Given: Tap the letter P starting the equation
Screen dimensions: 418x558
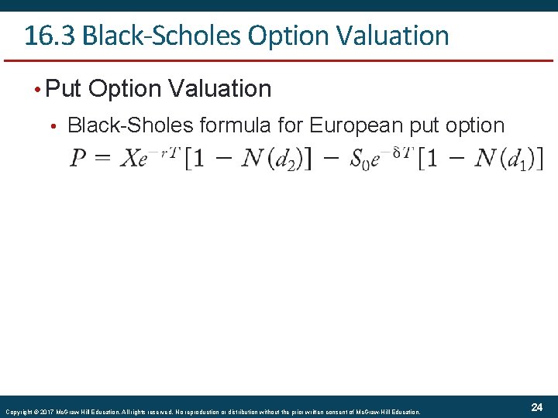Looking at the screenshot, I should click(78, 159).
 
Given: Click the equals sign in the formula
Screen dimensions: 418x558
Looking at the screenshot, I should click(104, 160).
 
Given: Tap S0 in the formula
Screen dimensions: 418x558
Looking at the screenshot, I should click(359, 160).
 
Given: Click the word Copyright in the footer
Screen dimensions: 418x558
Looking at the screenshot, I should click(16, 411).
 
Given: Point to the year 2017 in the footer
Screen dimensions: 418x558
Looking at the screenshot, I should click(45, 411).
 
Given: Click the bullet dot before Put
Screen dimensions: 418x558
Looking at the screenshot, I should click(36, 89).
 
